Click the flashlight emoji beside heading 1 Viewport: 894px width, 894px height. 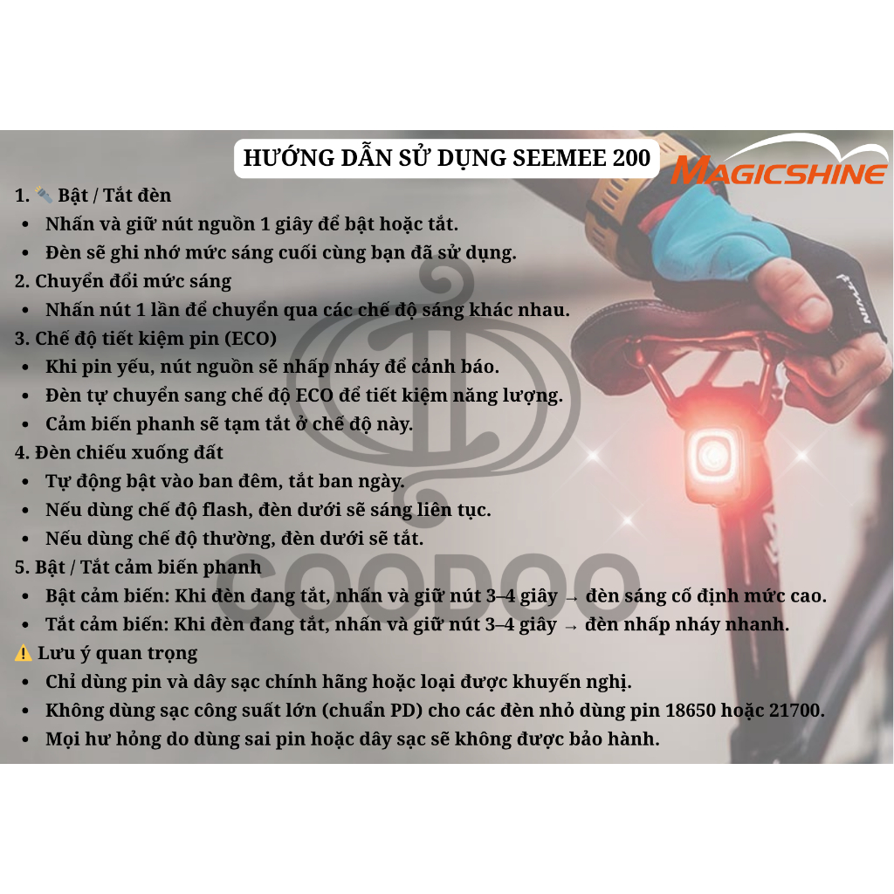44,195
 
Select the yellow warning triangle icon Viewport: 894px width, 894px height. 24,653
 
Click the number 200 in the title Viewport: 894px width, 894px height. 631,158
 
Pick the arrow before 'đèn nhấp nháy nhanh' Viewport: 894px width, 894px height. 571,626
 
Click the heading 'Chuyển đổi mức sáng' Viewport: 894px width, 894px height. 134,282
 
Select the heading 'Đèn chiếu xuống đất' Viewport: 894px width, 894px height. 129,453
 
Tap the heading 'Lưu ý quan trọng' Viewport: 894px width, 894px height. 118,653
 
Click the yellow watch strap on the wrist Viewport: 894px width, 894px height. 619,205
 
